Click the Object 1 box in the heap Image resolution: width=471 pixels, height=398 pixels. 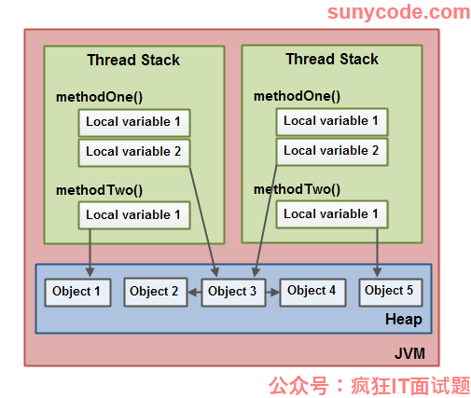click(77, 293)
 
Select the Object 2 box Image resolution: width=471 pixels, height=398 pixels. click(156, 292)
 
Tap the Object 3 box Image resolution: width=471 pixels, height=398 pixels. click(233, 293)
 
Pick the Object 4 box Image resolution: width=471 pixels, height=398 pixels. click(312, 292)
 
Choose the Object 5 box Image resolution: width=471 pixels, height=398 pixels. click(391, 292)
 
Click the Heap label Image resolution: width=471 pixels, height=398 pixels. click(404, 320)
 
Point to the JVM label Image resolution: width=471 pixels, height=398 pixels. click(409, 353)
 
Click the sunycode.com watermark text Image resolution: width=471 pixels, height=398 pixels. click(398, 12)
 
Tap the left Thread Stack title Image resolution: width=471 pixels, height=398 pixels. click(133, 60)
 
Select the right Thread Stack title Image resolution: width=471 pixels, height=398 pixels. click(332, 59)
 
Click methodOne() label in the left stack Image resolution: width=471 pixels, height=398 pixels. click(99, 97)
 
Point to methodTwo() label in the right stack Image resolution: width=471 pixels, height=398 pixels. click(297, 189)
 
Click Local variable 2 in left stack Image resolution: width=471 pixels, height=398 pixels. click(134, 153)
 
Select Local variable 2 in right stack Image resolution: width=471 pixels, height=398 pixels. click(332, 152)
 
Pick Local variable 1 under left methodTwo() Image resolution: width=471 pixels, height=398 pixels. click(134, 215)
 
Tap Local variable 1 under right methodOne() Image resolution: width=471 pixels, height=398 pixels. click(332, 122)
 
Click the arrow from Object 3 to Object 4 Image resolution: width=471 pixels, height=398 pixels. click(272, 293)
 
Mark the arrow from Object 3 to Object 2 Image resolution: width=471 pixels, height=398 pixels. click(195, 293)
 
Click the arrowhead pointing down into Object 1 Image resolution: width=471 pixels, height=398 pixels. click(90, 272)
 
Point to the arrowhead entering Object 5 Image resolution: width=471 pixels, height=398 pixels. click(378, 272)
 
